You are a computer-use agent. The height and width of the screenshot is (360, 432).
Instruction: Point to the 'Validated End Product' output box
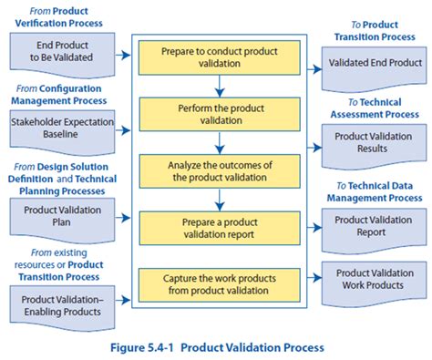click(x=374, y=64)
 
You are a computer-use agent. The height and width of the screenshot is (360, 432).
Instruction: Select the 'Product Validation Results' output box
click(x=374, y=143)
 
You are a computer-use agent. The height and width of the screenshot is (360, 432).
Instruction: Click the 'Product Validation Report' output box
click(x=374, y=226)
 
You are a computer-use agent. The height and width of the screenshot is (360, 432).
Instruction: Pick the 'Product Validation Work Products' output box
click(x=374, y=280)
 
